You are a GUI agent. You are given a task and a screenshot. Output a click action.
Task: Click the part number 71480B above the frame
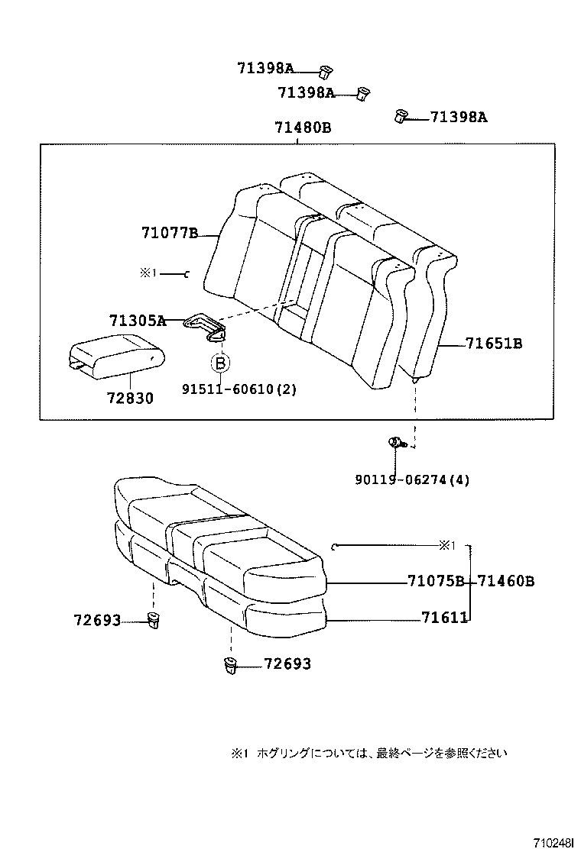pyautogui.click(x=302, y=128)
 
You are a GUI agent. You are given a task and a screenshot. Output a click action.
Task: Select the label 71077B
pyautogui.click(x=169, y=233)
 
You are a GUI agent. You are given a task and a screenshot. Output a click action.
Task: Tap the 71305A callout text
pyautogui.click(x=137, y=321)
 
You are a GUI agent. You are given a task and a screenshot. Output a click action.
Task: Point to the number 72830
pyautogui.click(x=128, y=398)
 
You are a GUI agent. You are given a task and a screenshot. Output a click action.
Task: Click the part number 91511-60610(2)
pyautogui.click(x=239, y=389)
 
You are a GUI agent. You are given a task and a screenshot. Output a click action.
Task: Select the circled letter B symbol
pyautogui.click(x=220, y=363)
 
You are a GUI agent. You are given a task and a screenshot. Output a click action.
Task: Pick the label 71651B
pyautogui.click(x=494, y=344)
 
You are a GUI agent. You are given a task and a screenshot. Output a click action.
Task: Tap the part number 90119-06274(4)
pyautogui.click(x=412, y=479)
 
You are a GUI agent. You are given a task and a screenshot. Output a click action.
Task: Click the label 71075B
pyautogui.click(x=436, y=582)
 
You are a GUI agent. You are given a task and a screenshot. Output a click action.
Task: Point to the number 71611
pyautogui.click(x=444, y=618)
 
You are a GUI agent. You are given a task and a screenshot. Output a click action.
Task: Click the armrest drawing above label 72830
pyautogui.click(x=116, y=356)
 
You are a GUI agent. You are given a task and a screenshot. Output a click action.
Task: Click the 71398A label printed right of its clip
pyautogui.click(x=459, y=117)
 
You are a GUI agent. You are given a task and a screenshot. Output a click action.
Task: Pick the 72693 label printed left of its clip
pyautogui.click(x=97, y=621)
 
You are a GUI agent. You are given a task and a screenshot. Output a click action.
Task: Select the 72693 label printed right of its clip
pyautogui.click(x=287, y=664)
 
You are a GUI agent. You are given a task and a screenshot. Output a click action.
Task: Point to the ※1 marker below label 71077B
pyautogui.click(x=148, y=273)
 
